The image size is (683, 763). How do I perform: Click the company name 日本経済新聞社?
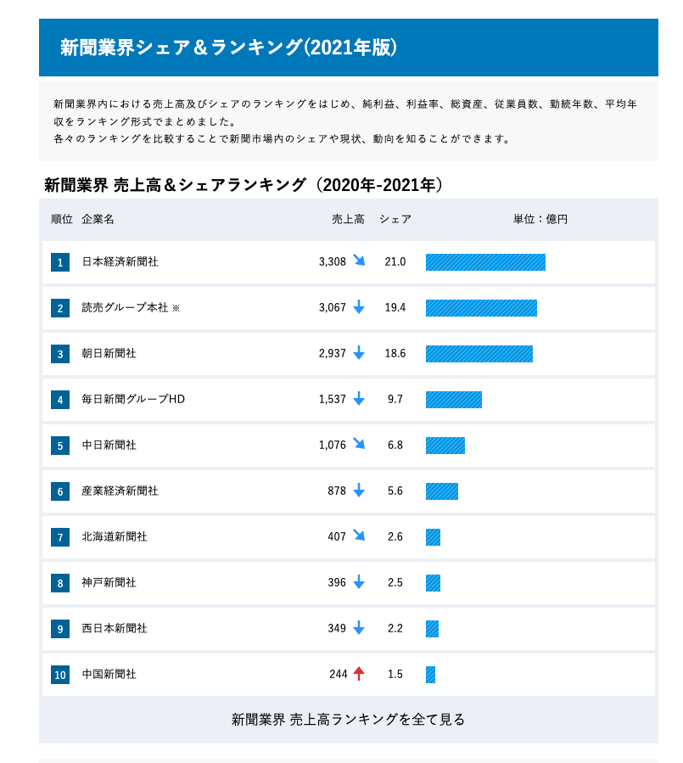120,262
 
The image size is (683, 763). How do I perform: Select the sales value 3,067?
333,308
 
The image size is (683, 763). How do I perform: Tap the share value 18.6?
395,354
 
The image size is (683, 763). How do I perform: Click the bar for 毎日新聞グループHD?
454,400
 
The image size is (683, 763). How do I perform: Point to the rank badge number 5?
60,446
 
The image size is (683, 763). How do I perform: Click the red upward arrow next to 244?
359,674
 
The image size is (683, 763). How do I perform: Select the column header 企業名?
98,220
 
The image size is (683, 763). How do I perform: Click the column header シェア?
395,220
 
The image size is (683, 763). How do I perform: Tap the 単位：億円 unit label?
540,220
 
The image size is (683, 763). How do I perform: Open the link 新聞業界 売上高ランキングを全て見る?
349,720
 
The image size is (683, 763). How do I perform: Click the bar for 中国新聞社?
430,675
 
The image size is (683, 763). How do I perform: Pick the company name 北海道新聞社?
115,537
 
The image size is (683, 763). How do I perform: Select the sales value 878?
338,491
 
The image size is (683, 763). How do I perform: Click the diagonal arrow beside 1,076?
359,444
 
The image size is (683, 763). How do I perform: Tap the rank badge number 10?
60,675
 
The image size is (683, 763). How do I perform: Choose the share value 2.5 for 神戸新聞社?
395,583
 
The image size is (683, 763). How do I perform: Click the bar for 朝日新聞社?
479,354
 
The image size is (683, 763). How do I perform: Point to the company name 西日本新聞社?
115,629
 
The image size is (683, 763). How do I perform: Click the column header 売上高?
348,220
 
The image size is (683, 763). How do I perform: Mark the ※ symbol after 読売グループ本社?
176,309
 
